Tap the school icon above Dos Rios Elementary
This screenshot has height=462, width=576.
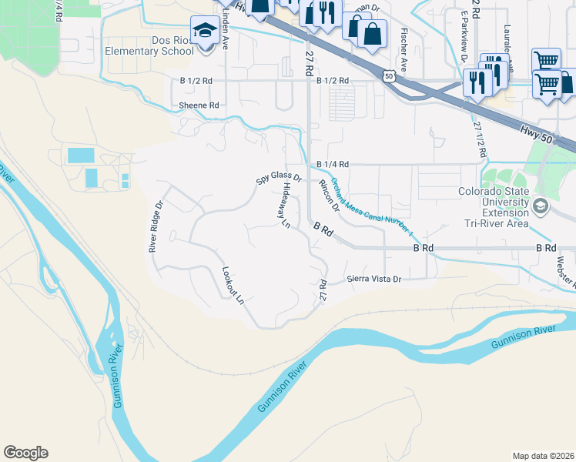coord(205,31)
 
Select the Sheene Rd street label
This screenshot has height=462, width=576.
coord(199,105)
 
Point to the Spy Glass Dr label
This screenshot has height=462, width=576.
coord(278,178)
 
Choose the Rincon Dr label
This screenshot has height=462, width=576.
coord(329,196)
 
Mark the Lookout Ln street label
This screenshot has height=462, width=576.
coord(233,285)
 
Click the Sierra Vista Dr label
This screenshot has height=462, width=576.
coord(374,279)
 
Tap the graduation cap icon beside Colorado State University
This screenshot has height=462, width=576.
coord(540,205)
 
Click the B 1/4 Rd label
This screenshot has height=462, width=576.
coord(333,165)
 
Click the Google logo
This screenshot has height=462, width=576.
coord(25,453)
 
